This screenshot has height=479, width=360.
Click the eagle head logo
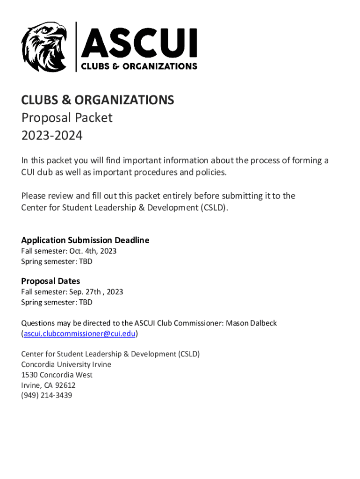(44, 47)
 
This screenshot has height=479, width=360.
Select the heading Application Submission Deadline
(85, 240)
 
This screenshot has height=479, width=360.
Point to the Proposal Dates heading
(50, 281)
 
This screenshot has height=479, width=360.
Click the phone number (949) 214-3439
(47, 396)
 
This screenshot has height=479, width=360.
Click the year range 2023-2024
(51, 136)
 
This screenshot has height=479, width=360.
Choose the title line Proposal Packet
(67, 117)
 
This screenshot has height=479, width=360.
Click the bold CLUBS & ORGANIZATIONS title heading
(97, 100)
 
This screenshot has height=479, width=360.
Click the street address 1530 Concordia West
(57, 375)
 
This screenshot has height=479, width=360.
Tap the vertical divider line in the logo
(76, 47)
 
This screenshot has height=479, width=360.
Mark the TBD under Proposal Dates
(86, 302)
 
